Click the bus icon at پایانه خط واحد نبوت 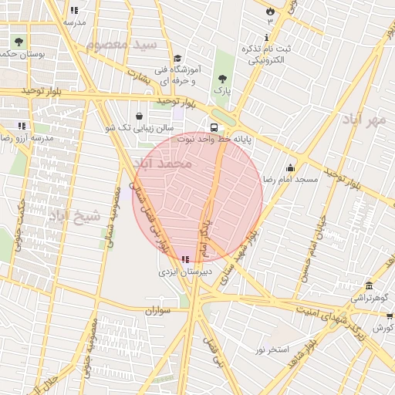213,128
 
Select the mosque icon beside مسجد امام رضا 290,167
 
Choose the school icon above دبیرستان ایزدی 184,260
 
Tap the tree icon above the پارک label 223,79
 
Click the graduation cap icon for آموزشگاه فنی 177,59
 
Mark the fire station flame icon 269,12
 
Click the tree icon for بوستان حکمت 18,42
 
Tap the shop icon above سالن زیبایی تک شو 139,116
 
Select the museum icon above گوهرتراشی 370,285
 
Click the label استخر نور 272,349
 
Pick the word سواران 160,310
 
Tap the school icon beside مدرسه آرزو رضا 22,125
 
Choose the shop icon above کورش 390,316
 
